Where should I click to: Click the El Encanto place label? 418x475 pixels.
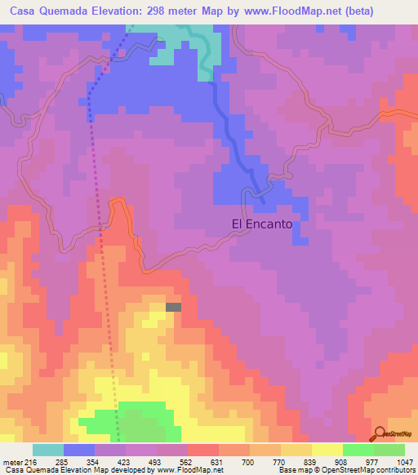tap(261, 224)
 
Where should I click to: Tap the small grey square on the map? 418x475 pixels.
tap(173, 307)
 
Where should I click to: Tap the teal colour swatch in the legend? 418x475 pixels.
tap(48, 450)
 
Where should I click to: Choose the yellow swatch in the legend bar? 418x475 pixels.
tap(327, 450)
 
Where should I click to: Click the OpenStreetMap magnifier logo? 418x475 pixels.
tap(379, 433)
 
